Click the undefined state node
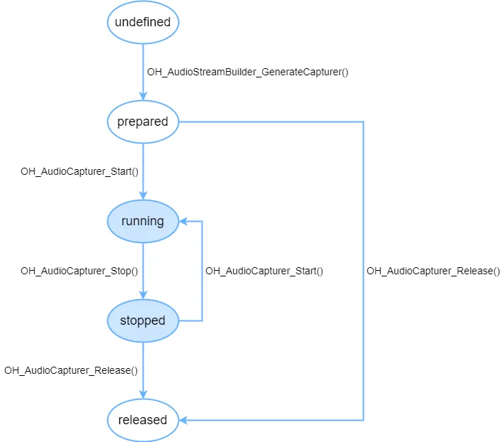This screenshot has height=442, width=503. [x=143, y=22]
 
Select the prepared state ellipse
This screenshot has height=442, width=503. [x=143, y=122]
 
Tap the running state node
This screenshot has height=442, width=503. [x=143, y=221]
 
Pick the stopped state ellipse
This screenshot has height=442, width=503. [x=143, y=320]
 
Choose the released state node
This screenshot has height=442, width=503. [x=143, y=420]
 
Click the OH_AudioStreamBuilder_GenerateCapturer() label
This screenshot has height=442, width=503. [x=248, y=72]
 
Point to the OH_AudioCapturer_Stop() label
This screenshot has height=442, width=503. [x=80, y=271]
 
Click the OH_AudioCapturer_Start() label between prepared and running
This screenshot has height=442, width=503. [x=80, y=171]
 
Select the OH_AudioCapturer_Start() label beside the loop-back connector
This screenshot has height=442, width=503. [x=264, y=271]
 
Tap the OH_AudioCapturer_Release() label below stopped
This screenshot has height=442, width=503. [x=71, y=370]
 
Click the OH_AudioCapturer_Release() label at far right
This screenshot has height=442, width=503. [x=433, y=271]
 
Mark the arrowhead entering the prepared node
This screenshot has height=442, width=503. [x=143, y=96]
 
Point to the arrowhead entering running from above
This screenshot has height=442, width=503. [x=143, y=195]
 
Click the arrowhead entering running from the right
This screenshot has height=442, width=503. [x=183, y=221]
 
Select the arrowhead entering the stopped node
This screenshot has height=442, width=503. [x=143, y=295]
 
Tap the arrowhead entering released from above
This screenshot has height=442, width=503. [x=143, y=394]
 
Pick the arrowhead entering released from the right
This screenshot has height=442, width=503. [x=183, y=420]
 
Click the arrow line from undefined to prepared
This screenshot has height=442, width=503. [x=143, y=72]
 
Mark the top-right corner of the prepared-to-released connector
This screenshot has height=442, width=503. [x=363, y=122]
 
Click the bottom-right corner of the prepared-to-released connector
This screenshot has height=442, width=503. [x=363, y=420]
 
